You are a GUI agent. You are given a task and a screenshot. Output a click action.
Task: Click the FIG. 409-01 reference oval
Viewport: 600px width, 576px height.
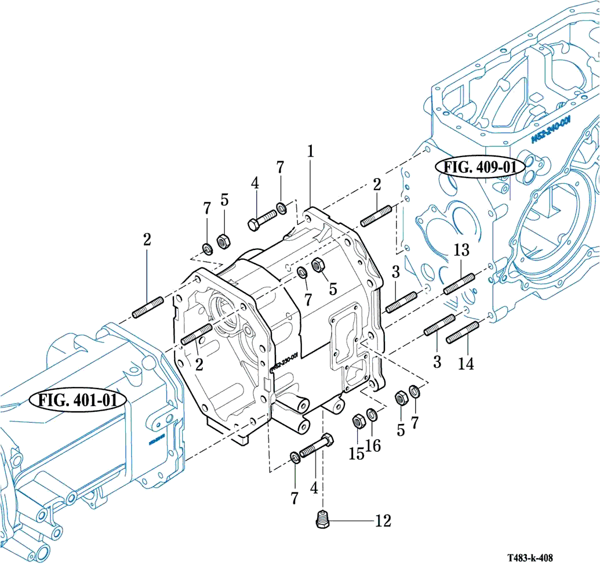(480, 168)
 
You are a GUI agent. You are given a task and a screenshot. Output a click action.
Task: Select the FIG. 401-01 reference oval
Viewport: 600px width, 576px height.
(78, 400)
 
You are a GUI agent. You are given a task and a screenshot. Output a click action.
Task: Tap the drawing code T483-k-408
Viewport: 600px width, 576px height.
(529, 558)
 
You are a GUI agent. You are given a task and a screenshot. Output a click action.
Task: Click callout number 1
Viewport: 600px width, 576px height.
(311, 152)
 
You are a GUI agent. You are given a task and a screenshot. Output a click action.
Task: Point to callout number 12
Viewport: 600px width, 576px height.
(383, 521)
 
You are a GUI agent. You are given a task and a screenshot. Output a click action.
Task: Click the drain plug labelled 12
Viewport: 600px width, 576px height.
(323, 518)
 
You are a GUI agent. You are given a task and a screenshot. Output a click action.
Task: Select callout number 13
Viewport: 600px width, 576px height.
(461, 251)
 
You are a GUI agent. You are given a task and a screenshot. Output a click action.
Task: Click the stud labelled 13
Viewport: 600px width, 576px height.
(459, 283)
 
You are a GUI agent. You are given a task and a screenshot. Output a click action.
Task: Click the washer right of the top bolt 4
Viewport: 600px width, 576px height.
(282, 207)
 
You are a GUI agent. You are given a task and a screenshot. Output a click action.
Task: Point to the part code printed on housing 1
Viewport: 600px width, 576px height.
(283, 361)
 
